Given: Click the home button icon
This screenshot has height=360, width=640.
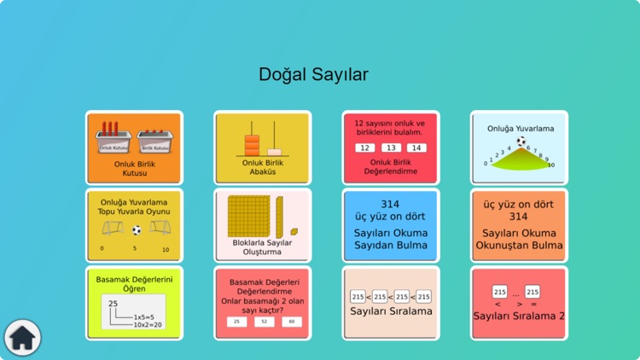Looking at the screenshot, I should click(x=21, y=338).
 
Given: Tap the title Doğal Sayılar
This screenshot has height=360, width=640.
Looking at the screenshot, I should click(x=313, y=75).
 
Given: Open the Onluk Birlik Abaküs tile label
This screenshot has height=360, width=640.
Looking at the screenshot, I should click(x=262, y=167).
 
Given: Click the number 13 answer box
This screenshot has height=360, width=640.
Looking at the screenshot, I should click(x=391, y=148).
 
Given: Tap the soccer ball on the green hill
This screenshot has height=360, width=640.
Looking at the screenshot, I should click(x=521, y=142).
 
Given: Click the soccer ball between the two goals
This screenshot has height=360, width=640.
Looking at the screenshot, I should click(x=136, y=229).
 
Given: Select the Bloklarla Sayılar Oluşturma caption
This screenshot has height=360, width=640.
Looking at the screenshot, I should click(x=262, y=247).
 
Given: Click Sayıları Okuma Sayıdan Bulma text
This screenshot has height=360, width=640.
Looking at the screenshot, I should click(x=391, y=239).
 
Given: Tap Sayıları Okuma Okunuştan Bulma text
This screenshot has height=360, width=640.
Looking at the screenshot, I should click(x=519, y=239).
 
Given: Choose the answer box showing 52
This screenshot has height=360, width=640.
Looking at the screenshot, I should click(x=265, y=322).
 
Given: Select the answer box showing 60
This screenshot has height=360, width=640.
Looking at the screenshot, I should click(x=292, y=322).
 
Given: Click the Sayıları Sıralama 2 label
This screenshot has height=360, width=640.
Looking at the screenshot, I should click(x=519, y=316).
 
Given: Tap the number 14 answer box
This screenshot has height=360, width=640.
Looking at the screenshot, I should click(x=417, y=148).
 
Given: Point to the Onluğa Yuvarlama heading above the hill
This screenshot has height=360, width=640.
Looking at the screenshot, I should click(x=521, y=129).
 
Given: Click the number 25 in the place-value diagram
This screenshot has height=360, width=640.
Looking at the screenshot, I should click(x=113, y=304).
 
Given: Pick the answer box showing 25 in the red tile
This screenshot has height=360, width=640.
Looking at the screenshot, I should click(x=236, y=322).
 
